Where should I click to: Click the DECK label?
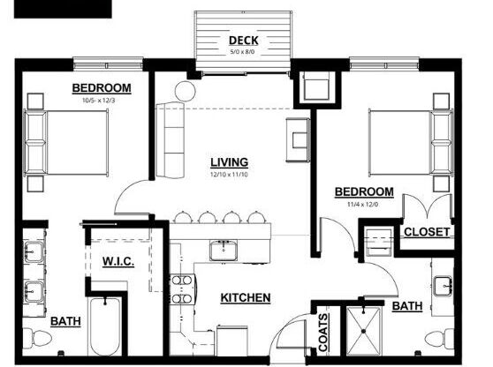click(x=242, y=40)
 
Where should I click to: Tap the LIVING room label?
click(x=229, y=162)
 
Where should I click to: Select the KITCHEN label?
click(x=245, y=298)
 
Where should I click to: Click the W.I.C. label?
click(x=118, y=261)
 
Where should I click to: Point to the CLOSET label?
click(x=427, y=232)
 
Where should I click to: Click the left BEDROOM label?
click(x=102, y=87)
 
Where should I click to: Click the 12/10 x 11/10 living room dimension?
click(x=229, y=175)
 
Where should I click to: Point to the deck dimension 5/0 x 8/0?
click(x=242, y=51)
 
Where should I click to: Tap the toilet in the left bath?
click(x=39, y=339)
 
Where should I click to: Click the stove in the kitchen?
click(x=181, y=290)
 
